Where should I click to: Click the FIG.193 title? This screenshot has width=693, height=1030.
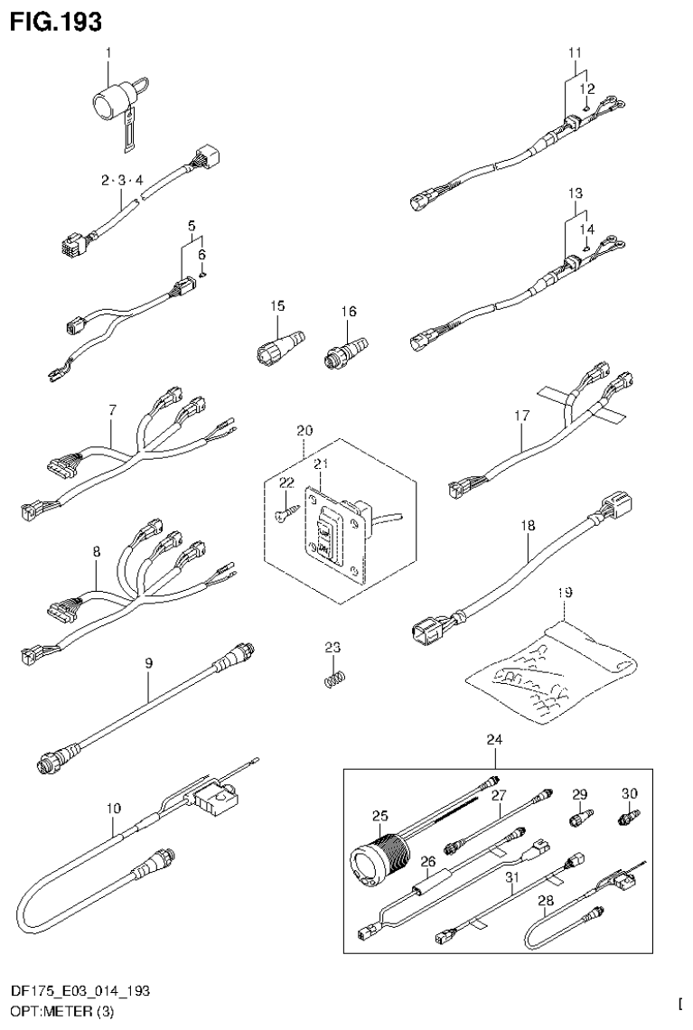[x=56, y=19]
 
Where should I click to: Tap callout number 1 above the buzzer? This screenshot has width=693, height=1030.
[x=108, y=53]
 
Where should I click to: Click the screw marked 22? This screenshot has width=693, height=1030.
[x=282, y=512]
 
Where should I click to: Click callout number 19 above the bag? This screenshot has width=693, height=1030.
[x=565, y=593]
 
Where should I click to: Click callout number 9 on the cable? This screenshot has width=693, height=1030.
[x=149, y=664]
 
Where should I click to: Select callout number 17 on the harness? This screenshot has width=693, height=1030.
[x=522, y=417]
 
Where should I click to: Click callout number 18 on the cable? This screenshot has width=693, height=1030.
[x=528, y=523]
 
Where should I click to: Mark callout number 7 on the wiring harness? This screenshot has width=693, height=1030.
[x=112, y=410]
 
